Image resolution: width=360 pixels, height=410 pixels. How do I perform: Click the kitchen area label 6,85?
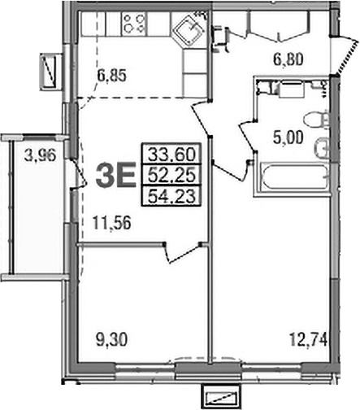(x=111, y=76)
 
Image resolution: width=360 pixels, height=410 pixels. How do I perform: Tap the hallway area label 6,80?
(x=288, y=59)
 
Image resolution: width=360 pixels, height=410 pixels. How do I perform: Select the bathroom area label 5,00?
(x=288, y=138)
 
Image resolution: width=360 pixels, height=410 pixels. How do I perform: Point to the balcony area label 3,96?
(x=40, y=156)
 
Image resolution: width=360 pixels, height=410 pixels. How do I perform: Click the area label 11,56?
(x=111, y=223)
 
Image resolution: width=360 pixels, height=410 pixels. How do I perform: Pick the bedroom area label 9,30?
(x=111, y=340)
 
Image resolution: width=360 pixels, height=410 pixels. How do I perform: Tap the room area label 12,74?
(x=309, y=340)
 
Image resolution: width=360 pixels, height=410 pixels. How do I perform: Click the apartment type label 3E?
(x=115, y=175)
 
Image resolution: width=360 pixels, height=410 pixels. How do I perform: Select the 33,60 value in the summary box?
(x=171, y=155)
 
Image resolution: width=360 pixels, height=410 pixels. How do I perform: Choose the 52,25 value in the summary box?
(x=171, y=175)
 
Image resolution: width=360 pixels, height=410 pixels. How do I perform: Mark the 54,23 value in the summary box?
(x=171, y=196)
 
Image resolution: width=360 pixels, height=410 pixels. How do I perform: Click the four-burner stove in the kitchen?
(x=134, y=24)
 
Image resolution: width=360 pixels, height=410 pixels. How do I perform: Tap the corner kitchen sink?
(x=189, y=31)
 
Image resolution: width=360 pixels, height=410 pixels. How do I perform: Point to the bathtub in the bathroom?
(x=295, y=177)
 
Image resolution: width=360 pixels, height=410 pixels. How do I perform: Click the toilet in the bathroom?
(x=317, y=120)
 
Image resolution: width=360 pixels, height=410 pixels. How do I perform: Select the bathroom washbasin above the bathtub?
(x=323, y=148)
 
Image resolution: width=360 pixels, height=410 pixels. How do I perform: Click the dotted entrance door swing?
(x=346, y=56)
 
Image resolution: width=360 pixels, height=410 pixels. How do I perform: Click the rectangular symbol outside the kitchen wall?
(x=50, y=72)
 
